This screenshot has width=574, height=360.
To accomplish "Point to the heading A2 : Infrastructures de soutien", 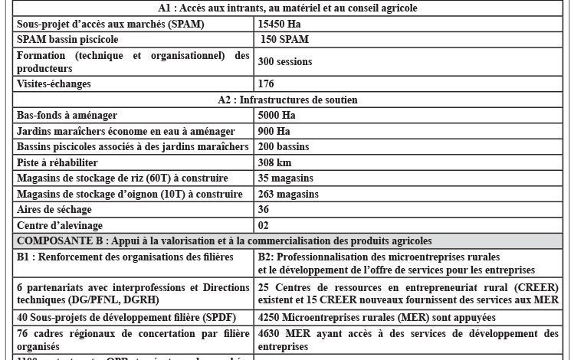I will (x=287, y=100).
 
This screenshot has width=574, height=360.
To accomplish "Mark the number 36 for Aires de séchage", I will (x=264, y=209).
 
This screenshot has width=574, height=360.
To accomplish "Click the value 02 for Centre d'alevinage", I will (x=264, y=225).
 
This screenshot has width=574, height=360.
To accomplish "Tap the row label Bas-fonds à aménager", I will (x=67, y=115).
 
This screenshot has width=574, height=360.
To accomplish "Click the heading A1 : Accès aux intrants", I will (x=287, y=8).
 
